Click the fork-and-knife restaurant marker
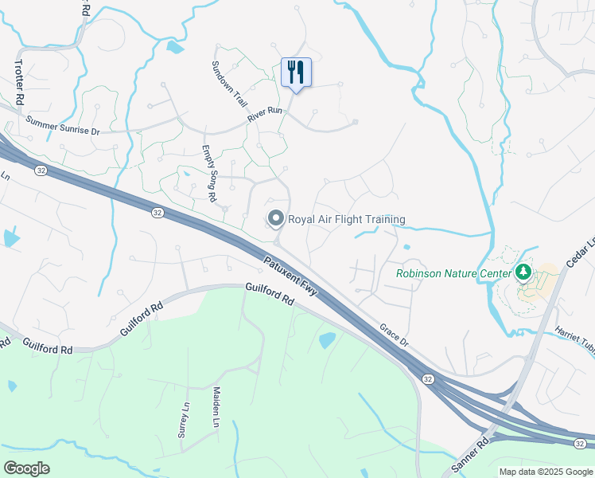tap(296, 72)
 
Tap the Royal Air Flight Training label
tap(346, 219)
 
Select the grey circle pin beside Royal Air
tap(276, 218)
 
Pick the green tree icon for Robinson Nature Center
tap(523, 273)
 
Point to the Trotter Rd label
tap(19, 80)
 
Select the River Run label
tap(265, 114)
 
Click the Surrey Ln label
tap(185, 420)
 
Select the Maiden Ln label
tap(216, 407)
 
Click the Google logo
tap(25, 468)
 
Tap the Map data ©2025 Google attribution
tap(546, 472)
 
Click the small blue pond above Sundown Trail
tap(175, 47)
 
